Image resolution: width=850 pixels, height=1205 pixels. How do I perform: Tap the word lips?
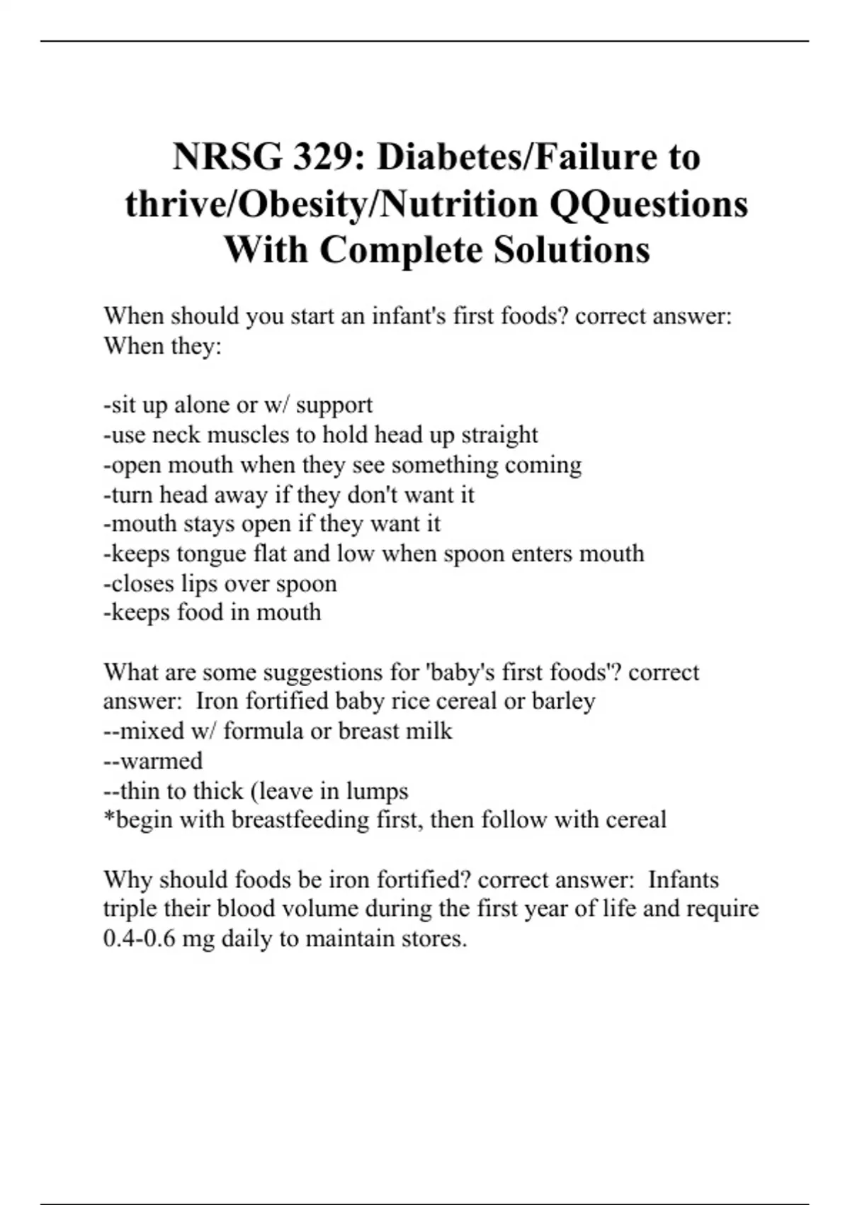[x=199, y=583]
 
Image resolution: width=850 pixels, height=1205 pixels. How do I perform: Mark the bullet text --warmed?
[x=153, y=761]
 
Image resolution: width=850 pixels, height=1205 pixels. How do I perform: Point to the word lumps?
[x=377, y=790]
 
